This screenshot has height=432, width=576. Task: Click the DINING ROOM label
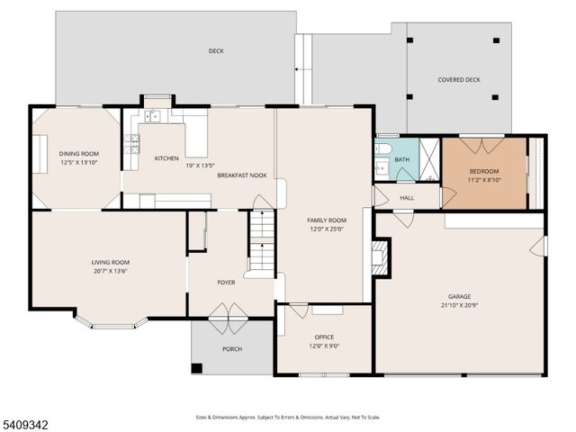click(79, 154)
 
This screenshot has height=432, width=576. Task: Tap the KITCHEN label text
click(166, 158)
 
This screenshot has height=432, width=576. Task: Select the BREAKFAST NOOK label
click(241, 175)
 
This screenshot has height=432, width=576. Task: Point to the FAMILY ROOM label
click(326, 220)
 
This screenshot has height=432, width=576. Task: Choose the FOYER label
click(226, 283)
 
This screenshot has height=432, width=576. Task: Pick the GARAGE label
click(460, 296)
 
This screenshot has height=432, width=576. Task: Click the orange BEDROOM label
click(483, 171)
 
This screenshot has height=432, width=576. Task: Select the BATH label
click(401, 159)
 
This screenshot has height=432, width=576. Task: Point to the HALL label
click(407, 198)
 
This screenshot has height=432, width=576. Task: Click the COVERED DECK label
click(458, 79)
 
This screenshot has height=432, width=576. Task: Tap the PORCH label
click(231, 349)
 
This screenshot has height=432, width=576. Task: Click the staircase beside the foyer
click(261, 241)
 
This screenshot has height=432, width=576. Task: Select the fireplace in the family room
click(381, 257)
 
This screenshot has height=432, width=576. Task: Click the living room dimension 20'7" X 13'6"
click(110, 271)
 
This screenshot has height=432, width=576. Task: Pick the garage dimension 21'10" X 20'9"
click(460, 305)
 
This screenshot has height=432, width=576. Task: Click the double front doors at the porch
click(229, 313)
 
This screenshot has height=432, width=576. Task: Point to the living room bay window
click(110, 320)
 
